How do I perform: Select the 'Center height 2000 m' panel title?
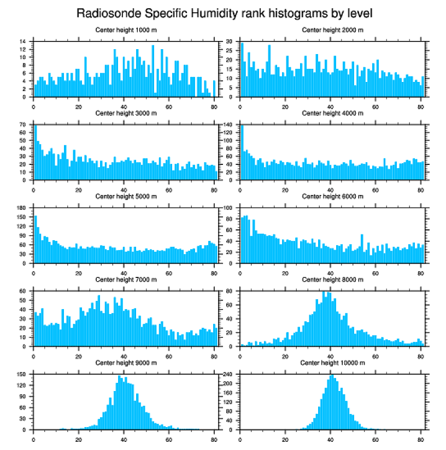point(332,29)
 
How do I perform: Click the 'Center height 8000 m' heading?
point(332,280)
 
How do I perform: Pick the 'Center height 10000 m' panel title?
point(332,363)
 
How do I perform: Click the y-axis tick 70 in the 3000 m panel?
point(23,125)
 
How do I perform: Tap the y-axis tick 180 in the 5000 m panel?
point(22,208)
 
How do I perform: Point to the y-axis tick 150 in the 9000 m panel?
point(22,375)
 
